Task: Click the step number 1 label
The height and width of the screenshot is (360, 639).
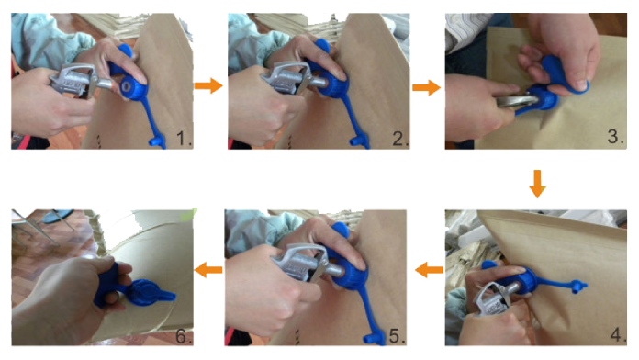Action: click(x=184, y=139)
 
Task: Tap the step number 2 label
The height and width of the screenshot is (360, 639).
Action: click(x=400, y=139)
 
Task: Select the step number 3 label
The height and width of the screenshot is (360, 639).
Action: click(x=615, y=136)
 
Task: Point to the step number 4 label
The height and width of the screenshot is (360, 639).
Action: click(x=618, y=334)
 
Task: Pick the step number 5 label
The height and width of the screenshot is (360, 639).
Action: click(x=397, y=336)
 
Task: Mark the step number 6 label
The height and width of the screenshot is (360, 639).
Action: click(x=184, y=336)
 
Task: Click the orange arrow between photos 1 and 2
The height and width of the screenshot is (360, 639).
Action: click(x=208, y=85)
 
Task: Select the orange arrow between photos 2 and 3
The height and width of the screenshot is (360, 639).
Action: click(x=426, y=87)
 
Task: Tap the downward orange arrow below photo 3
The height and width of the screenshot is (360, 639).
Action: click(x=537, y=184)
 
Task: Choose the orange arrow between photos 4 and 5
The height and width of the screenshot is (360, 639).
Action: click(x=429, y=270)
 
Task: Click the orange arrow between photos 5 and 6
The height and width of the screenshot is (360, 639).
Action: click(x=208, y=270)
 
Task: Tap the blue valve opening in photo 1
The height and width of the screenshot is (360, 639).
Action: click(x=127, y=86)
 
